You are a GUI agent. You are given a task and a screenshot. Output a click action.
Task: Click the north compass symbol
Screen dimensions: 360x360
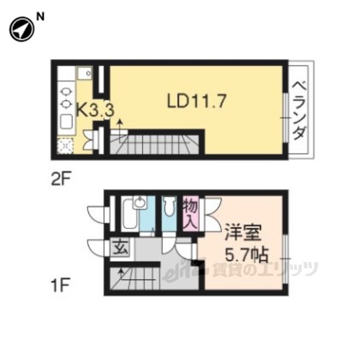(x=22, y=29)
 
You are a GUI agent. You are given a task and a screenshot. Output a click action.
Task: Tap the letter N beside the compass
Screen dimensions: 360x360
(x=40, y=17)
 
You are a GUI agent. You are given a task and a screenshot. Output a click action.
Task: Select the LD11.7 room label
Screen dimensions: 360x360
(x=197, y=101)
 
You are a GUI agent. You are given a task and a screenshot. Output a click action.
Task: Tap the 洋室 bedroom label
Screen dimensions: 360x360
(x=243, y=232)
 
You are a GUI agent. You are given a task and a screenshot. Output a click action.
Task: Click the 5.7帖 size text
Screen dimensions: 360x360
(x=246, y=255)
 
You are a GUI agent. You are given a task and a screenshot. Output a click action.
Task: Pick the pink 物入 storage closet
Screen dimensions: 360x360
(x=191, y=214)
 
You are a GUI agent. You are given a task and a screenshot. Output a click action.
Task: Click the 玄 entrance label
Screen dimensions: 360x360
(x=120, y=247)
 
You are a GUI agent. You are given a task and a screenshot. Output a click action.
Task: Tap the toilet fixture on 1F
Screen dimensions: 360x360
(x=169, y=206)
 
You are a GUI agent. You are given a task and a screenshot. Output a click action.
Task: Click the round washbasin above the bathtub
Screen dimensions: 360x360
(x=139, y=202)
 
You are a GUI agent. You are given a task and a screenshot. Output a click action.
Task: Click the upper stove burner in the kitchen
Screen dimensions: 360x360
(x=66, y=92)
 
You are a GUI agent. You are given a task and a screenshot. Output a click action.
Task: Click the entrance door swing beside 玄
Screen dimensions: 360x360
(x=96, y=247)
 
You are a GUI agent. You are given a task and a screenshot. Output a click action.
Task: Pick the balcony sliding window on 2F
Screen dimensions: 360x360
(x=285, y=118)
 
